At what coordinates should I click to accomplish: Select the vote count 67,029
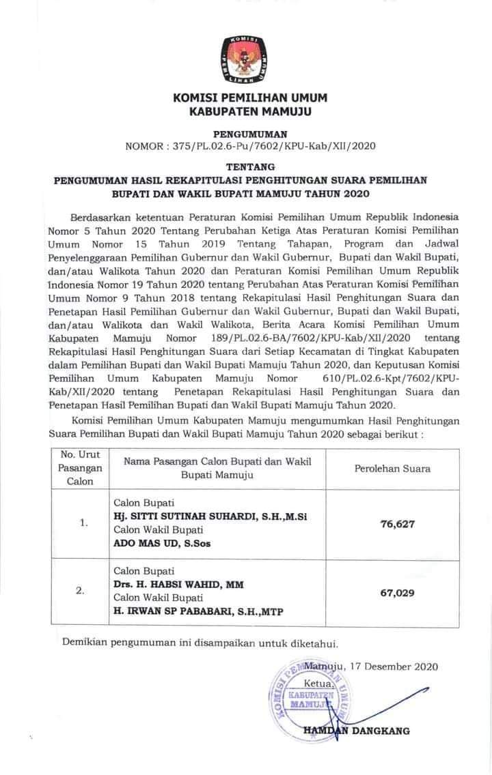tap(397, 593)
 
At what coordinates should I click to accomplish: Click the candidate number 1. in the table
tap(84, 523)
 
